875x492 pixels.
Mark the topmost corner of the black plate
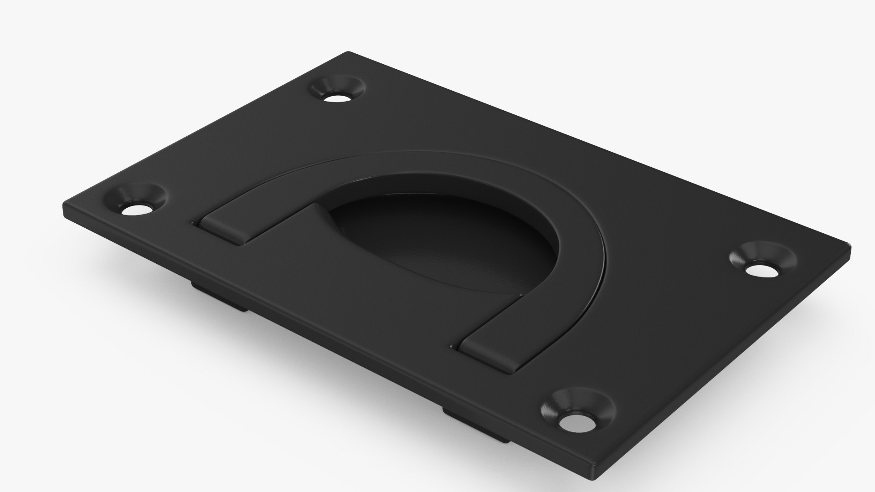[349, 53]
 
